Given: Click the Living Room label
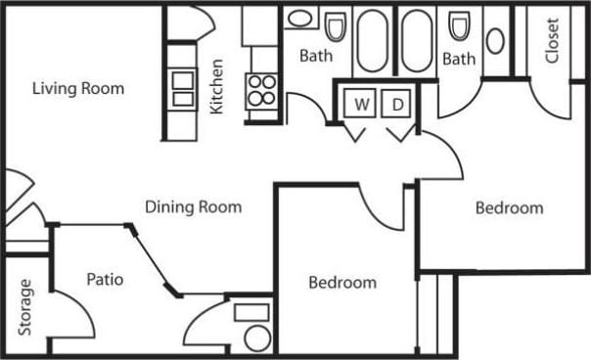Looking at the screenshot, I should click(x=78, y=89).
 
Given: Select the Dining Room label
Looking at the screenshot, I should click(x=193, y=206).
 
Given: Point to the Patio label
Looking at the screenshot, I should click(x=104, y=280).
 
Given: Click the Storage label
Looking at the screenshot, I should click(x=25, y=306).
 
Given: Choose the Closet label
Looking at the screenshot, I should click(x=552, y=40).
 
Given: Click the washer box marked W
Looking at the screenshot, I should click(x=361, y=104).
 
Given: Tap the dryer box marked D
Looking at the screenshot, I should click(x=398, y=104).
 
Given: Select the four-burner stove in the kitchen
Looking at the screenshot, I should click(x=261, y=90).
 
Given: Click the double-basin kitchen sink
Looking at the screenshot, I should click(x=183, y=87).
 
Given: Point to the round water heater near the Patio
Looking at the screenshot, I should click(x=257, y=338).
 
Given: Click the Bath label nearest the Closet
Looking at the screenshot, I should click(x=458, y=59).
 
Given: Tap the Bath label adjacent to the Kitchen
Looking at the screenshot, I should click(x=315, y=56).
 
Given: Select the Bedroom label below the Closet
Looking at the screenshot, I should click(x=509, y=207).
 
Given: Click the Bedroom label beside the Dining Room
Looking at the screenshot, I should click(x=342, y=283).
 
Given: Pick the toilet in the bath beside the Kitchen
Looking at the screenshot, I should click(x=336, y=26).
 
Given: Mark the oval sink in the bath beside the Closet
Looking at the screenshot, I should click(x=495, y=40).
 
